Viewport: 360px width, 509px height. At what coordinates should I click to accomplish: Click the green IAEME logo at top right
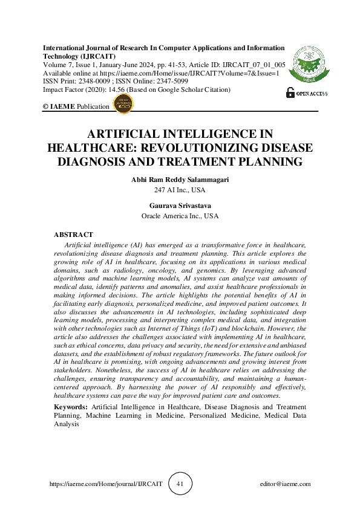click(x=309, y=66)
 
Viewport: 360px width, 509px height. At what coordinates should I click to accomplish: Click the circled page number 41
click(x=180, y=484)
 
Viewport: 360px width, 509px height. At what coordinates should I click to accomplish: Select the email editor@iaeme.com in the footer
click(x=284, y=484)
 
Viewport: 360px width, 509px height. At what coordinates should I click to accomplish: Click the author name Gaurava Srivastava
click(x=180, y=206)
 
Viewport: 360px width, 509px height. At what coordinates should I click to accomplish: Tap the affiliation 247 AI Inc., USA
click(x=180, y=190)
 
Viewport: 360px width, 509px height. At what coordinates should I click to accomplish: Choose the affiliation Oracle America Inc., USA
click(x=180, y=215)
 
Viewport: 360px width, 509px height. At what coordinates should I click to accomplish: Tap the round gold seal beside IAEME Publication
click(x=123, y=104)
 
